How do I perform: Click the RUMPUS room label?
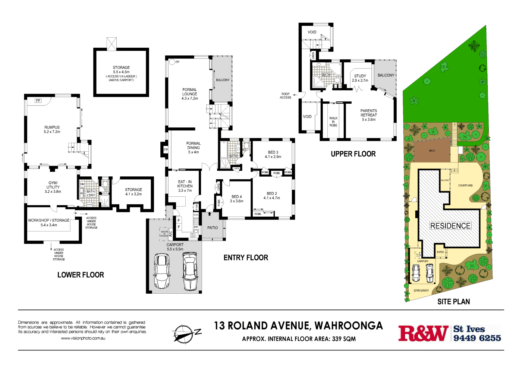coord(52,129)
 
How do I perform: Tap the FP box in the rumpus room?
coord(38,101)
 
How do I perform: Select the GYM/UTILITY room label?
coord(53,187)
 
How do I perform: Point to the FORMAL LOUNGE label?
coord(189,94)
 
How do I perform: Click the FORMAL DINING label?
coord(193,148)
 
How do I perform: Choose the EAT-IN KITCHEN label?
coord(185,186)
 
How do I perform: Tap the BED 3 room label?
coord(273,154)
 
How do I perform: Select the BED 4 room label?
coord(236,199)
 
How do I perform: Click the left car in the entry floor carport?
coord(162,271)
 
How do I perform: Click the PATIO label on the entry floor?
coord(213,228)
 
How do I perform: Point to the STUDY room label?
coord(360,78)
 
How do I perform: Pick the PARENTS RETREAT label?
coord(368,115)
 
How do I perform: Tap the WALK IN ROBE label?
coord(333,122)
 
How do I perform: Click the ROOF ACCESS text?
coord(285,96)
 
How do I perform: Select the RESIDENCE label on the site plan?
coord(450,226)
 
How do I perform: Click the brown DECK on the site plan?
coord(432,151)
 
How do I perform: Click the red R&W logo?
coord(423,333)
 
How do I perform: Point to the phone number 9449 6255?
coord(477,338)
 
